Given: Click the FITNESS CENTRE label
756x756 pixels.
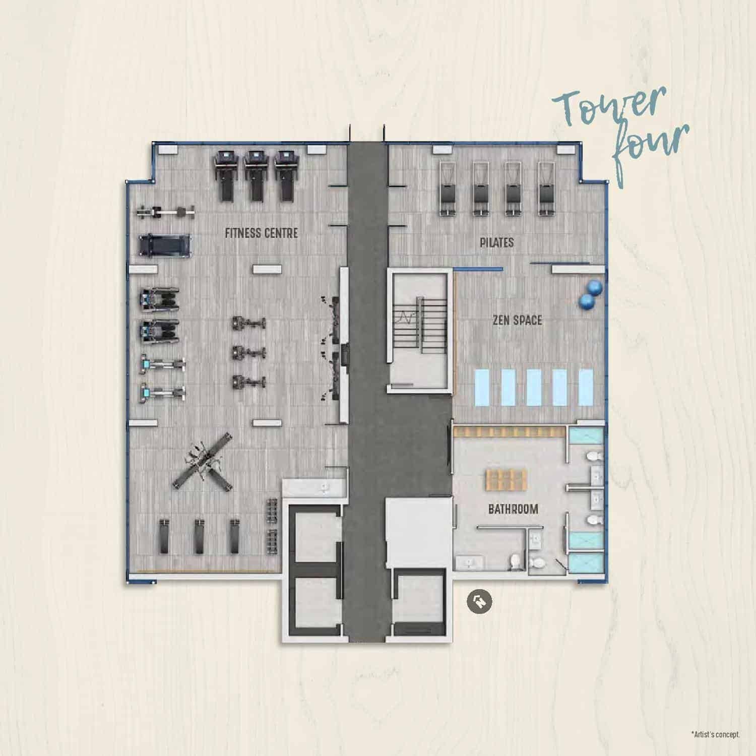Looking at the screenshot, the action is (261, 233).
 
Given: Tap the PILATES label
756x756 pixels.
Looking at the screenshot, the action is (496, 243).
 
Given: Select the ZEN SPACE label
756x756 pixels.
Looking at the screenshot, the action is (518, 320).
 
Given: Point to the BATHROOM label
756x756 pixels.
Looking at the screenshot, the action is (513, 509).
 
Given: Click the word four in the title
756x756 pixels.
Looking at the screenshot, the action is (650, 146).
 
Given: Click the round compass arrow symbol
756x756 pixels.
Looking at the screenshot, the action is (479, 601).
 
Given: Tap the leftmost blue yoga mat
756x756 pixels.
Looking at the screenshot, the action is (484, 387).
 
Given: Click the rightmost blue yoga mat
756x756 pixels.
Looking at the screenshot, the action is (585, 387).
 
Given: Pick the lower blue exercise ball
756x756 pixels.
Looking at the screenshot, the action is (587, 302).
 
